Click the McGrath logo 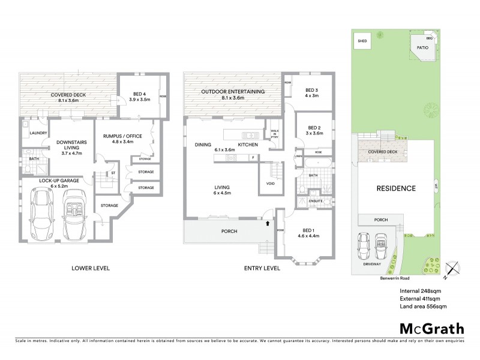point(431,328)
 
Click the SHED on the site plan point(362,41)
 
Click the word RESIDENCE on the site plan point(395,188)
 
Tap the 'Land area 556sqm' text point(423,307)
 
